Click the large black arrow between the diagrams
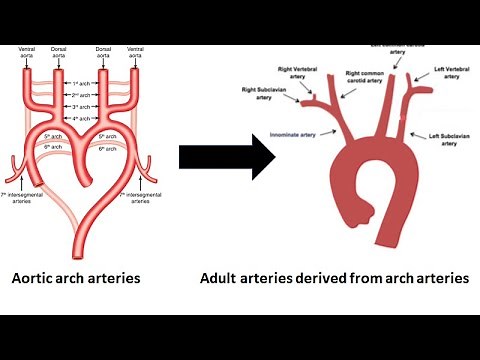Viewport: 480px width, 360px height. [227, 155]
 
